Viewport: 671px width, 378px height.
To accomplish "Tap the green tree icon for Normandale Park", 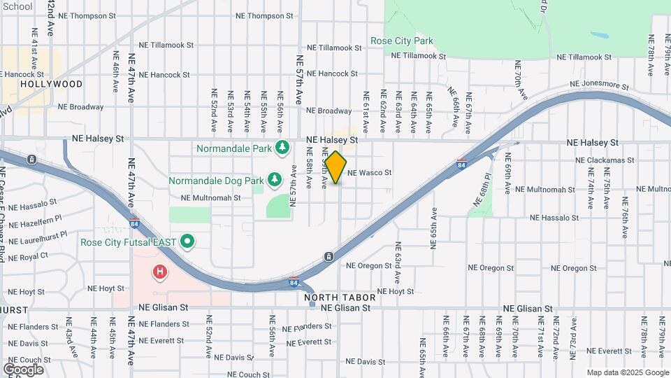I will point(282,148).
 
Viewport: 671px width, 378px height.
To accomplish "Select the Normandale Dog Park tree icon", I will point(275,180).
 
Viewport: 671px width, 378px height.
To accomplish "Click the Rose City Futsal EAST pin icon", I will point(187,242).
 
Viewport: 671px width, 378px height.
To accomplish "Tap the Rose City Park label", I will point(402,41).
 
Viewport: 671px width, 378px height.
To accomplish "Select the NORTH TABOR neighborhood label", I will point(340,297).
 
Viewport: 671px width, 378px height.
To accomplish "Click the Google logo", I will point(23,369).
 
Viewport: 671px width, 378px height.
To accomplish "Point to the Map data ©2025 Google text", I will point(627,372).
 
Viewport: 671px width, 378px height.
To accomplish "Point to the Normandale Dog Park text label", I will point(216,181).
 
